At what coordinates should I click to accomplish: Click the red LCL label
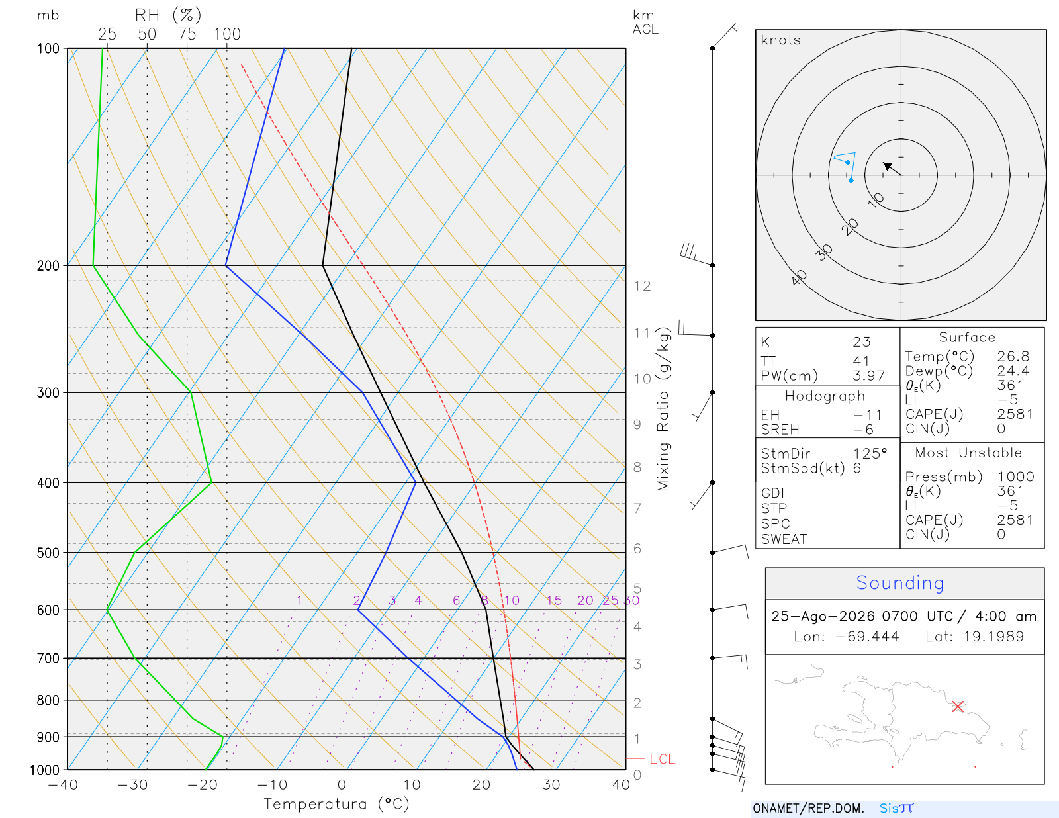(x=662, y=759)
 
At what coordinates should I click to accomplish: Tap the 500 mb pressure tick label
(x=48, y=553)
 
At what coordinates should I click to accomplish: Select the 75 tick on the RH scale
(x=187, y=34)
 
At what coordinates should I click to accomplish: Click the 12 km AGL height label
(x=642, y=286)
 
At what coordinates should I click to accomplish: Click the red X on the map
(x=957, y=706)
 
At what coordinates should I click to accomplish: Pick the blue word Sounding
(x=899, y=583)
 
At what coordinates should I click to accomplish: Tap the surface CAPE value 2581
(x=1015, y=414)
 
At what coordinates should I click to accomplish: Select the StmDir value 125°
(x=870, y=453)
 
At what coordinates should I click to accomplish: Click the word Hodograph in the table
(x=825, y=396)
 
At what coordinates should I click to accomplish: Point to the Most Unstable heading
(x=968, y=453)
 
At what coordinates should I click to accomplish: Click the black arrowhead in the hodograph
(x=888, y=167)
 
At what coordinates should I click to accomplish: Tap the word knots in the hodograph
(x=780, y=40)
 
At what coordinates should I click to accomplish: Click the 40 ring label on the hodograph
(x=799, y=278)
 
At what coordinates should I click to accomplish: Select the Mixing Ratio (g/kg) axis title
(x=663, y=409)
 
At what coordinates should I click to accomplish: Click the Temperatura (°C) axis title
(x=336, y=804)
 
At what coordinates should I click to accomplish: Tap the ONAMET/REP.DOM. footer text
(x=808, y=808)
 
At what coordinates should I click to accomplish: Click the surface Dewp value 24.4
(x=1013, y=371)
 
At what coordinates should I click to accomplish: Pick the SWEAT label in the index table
(x=784, y=539)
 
